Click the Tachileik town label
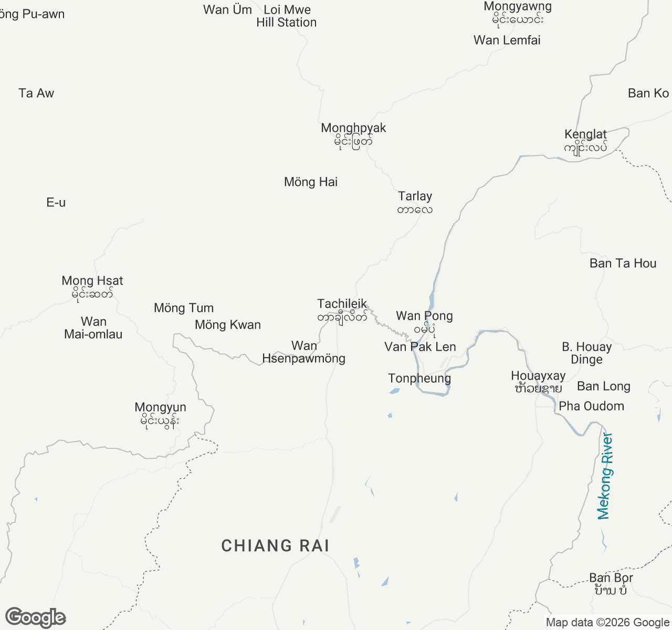(342, 304)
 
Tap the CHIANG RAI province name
(275, 546)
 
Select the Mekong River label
(605, 476)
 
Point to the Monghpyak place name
(353, 129)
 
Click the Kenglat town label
(585, 135)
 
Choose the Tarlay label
(415, 197)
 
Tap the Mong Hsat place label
(92, 281)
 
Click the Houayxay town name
(538, 376)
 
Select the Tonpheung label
(419, 379)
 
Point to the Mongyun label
(160, 408)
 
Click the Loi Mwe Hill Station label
(287, 16)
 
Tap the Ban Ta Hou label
(623, 264)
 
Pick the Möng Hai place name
(311, 182)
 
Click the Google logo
(36, 617)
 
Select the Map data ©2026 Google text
(607, 623)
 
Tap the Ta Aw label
(36, 93)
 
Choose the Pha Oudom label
(591, 406)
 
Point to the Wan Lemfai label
(507, 40)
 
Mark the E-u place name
(56, 203)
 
